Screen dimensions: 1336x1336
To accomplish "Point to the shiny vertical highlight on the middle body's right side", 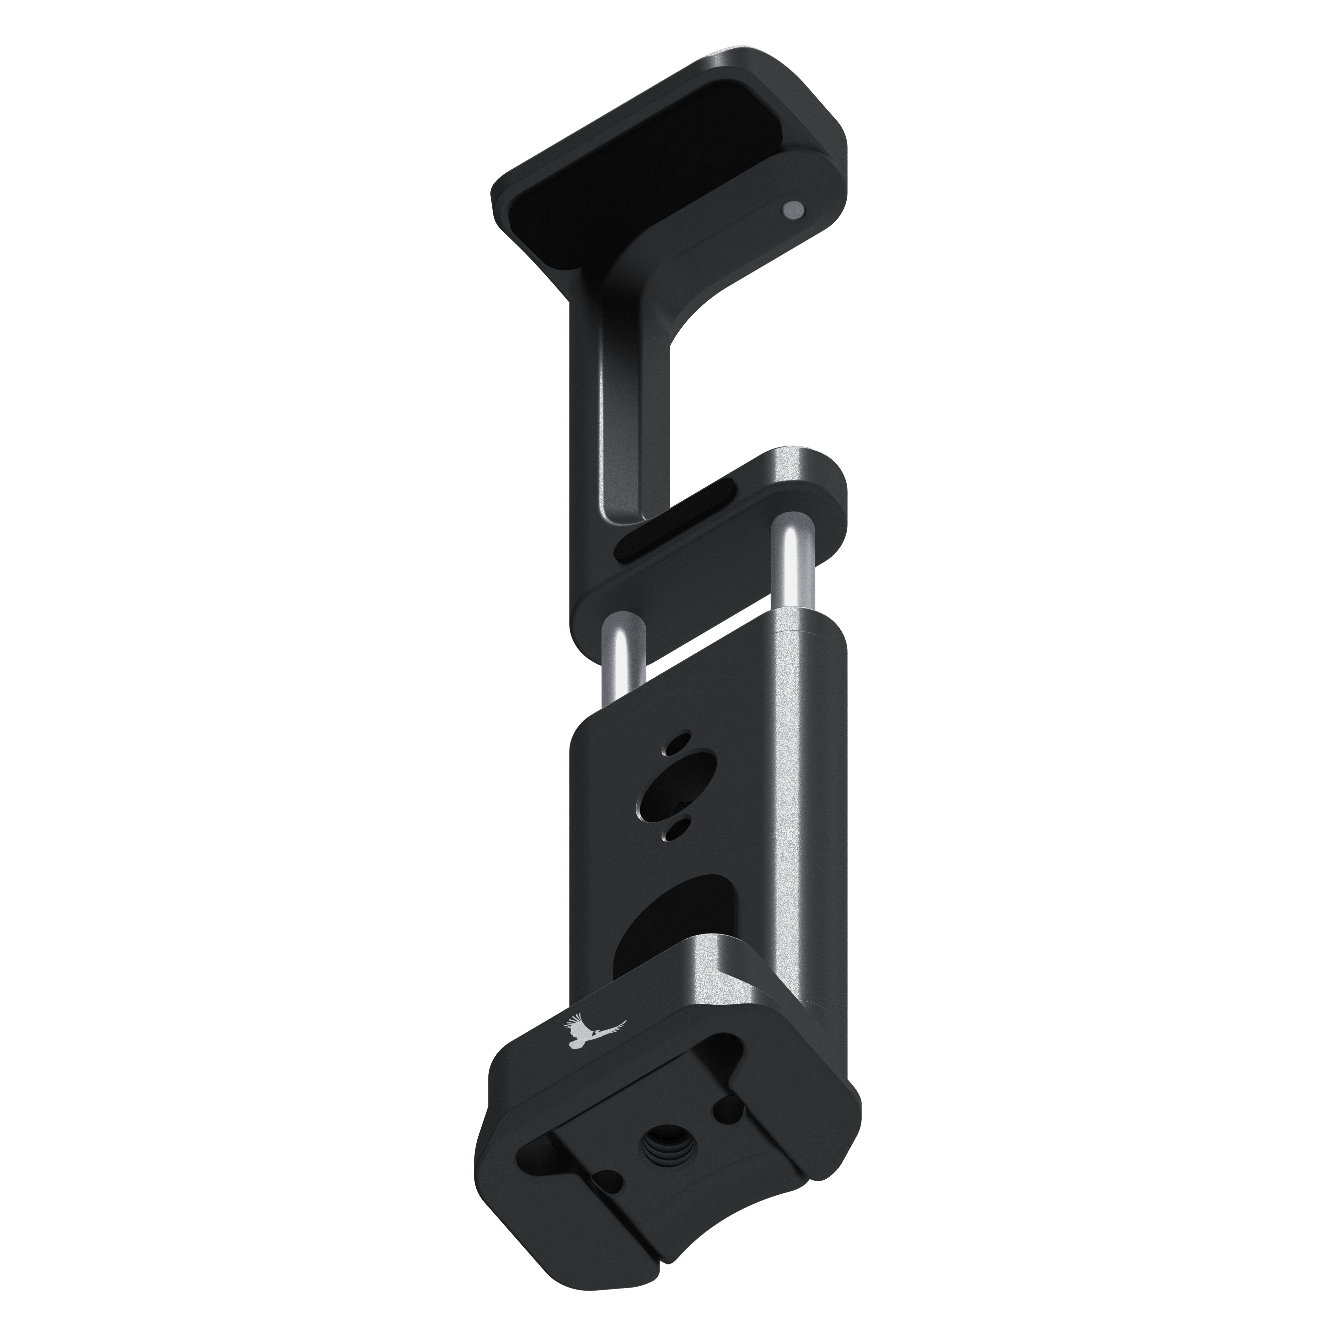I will click(x=788, y=795).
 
